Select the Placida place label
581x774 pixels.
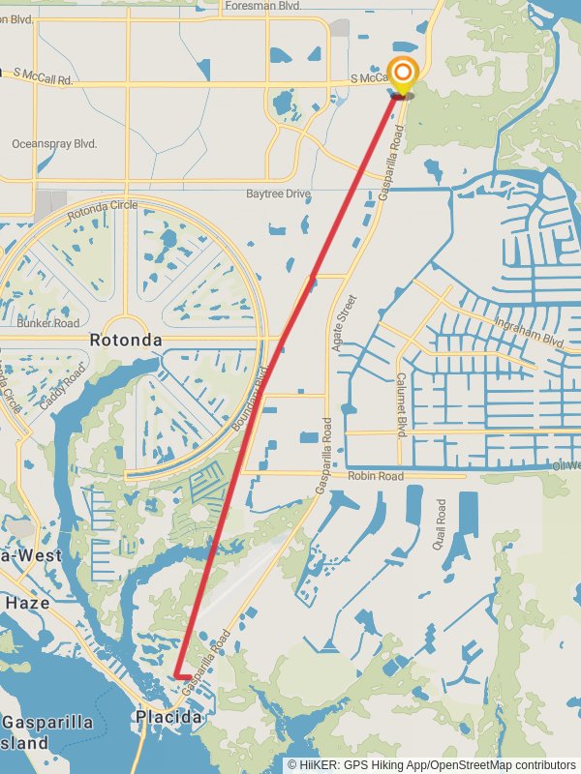tap(168, 718)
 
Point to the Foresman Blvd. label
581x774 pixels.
tap(263, 6)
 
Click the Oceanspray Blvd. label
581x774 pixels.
tap(54, 143)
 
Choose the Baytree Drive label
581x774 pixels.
tap(278, 194)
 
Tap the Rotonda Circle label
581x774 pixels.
tap(103, 206)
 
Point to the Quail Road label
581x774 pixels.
tap(442, 523)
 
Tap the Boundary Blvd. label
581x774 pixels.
tap(250, 399)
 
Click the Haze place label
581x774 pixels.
tap(27, 602)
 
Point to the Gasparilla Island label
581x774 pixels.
tap(44, 733)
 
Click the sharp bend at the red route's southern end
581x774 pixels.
tap(175, 675)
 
